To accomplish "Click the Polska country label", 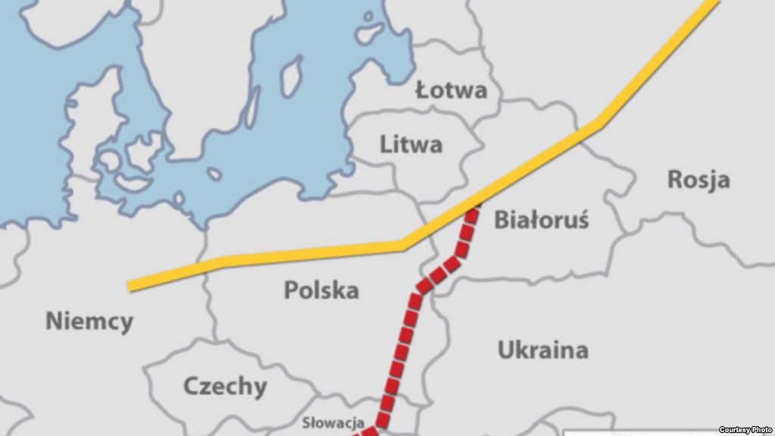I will point(321,290).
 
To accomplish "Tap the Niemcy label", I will point(89,321).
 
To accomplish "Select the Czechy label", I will point(225,387).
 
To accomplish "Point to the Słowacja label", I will point(334,422).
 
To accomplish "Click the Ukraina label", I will point(542,350).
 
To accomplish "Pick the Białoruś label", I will point(541,220).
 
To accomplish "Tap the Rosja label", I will point(698,180).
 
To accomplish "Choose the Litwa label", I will point(411,143).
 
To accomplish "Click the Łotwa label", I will point(452,91).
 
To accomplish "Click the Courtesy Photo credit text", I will point(745,430).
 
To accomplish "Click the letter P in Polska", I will point(291,290).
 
